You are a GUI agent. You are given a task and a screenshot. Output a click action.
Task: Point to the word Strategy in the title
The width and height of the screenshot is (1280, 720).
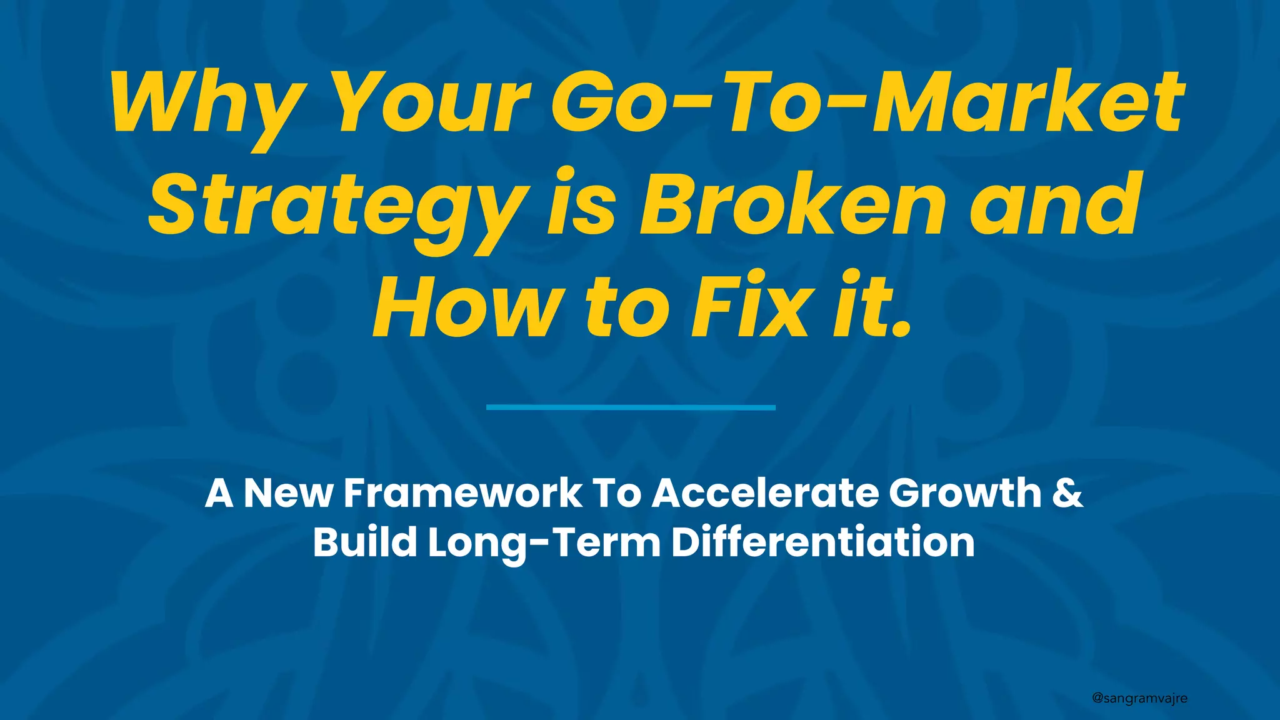point(337,206)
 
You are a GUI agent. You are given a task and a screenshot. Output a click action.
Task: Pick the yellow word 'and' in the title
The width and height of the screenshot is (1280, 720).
point(1052,204)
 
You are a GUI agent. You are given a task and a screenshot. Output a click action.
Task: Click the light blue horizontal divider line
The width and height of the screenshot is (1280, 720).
point(631,407)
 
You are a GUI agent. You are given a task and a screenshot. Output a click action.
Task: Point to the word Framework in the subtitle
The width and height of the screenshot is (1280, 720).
point(463,494)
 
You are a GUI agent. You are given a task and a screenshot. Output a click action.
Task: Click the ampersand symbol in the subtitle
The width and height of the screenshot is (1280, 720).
point(1068,494)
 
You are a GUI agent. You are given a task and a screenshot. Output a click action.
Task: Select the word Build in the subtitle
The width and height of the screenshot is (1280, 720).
point(365,542)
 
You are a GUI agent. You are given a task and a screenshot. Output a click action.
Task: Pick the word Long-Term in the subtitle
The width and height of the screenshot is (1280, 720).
point(544,542)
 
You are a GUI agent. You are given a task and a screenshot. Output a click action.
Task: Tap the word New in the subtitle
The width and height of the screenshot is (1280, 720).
point(288,494)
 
